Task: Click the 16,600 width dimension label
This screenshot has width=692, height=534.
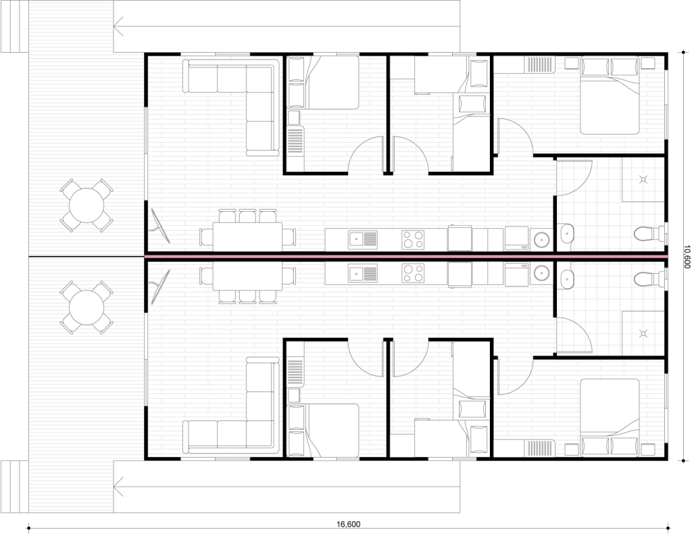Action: tap(348, 525)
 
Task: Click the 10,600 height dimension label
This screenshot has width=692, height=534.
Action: tap(686, 256)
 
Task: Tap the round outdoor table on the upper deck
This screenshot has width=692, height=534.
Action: tap(87, 205)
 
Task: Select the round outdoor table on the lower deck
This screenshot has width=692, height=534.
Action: tap(87, 308)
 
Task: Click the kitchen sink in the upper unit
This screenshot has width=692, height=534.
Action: tap(363, 239)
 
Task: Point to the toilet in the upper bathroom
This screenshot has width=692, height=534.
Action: tap(649, 234)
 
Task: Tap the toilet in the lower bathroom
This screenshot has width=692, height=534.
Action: tap(649, 279)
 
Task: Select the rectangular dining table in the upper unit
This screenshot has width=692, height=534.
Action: tap(247, 237)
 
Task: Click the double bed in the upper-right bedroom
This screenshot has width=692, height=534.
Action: tap(610, 95)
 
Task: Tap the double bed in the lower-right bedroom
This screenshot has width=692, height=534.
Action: tap(610, 417)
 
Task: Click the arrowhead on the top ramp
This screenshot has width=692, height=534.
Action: tap(118, 26)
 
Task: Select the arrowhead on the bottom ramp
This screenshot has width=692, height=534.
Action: tap(118, 487)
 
